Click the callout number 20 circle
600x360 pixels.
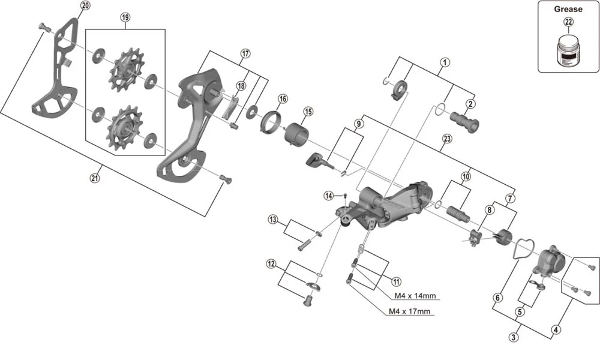[x=85, y=6]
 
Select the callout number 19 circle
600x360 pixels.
[x=125, y=17]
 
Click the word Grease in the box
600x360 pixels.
[x=568, y=9]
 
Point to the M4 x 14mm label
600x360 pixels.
[x=415, y=296]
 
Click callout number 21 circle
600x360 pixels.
[x=95, y=178]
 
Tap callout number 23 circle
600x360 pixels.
[x=446, y=139]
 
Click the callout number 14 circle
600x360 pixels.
[x=329, y=196]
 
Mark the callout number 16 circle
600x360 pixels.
[x=283, y=98]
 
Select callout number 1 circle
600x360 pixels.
[x=445, y=62]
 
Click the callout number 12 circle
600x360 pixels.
[x=272, y=263]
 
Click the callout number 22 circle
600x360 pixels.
[x=568, y=23]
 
